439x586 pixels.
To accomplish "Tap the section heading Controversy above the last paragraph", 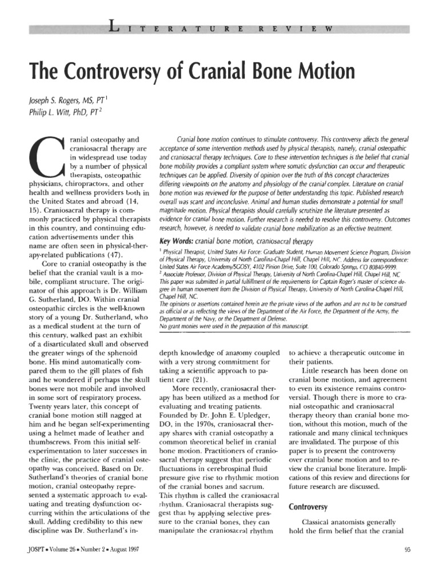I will click(x=308, y=506).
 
